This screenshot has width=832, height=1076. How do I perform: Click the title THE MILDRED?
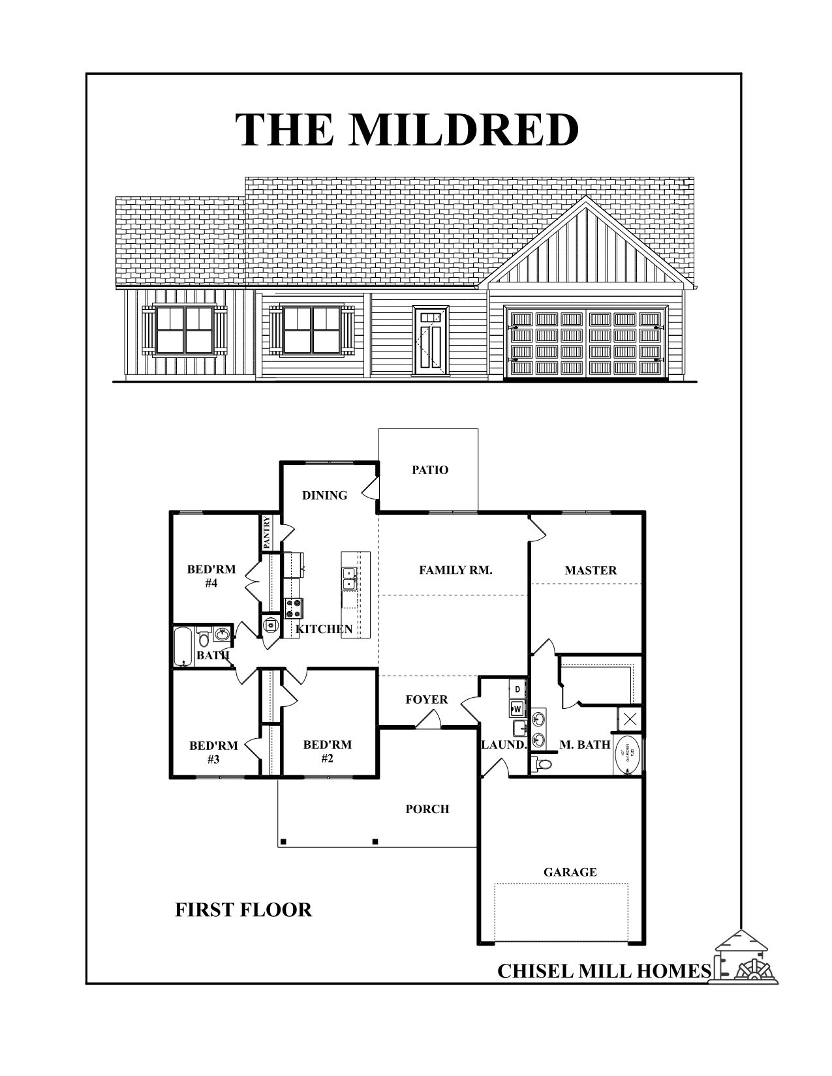click(x=407, y=129)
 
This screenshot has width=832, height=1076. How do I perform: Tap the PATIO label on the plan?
click(x=430, y=470)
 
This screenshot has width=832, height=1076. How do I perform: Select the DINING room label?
click(x=324, y=495)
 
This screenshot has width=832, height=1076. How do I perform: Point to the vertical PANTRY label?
click(x=267, y=532)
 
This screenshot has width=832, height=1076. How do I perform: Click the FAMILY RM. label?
click(x=455, y=570)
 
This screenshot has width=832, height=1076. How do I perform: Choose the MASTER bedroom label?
click(x=591, y=570)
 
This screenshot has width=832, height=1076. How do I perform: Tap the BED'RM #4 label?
click(x=211, y=576)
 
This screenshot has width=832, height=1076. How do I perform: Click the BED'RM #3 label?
click(x=213, y=752)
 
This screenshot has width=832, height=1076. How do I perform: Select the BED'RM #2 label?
click(x=328, y=751)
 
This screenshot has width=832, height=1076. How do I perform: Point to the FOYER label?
click(x=427, y=700)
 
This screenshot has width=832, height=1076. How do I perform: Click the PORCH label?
click(x=427, y=809)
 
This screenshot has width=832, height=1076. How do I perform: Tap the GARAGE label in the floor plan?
click(x=570, y=872)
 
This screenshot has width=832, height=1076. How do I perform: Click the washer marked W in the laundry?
click(x=517, y=708)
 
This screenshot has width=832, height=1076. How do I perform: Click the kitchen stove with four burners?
click(x=294, y=608)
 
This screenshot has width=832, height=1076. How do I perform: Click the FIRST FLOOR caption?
click(x=243, y=909)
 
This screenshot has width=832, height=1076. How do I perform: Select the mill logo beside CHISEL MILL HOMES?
click(x=748, y=959)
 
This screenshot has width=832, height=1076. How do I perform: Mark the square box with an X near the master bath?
click(x=630, y=720)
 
